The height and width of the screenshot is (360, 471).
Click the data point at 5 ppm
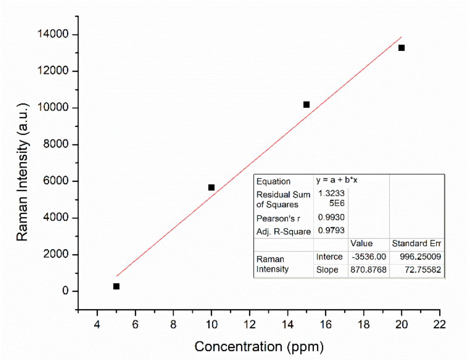point(116,286)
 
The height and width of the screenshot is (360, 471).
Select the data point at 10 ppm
point(211,187)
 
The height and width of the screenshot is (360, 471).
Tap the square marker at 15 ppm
point(307,104)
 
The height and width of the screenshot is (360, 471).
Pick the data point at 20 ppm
point(402,48)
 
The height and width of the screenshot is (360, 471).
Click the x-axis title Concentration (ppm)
point(259,346)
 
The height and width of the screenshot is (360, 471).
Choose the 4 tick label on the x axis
point(97,324)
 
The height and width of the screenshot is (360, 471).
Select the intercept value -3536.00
point(369,257)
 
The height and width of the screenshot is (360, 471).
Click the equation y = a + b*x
point(337,181)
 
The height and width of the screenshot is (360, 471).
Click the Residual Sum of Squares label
point(283,200)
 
